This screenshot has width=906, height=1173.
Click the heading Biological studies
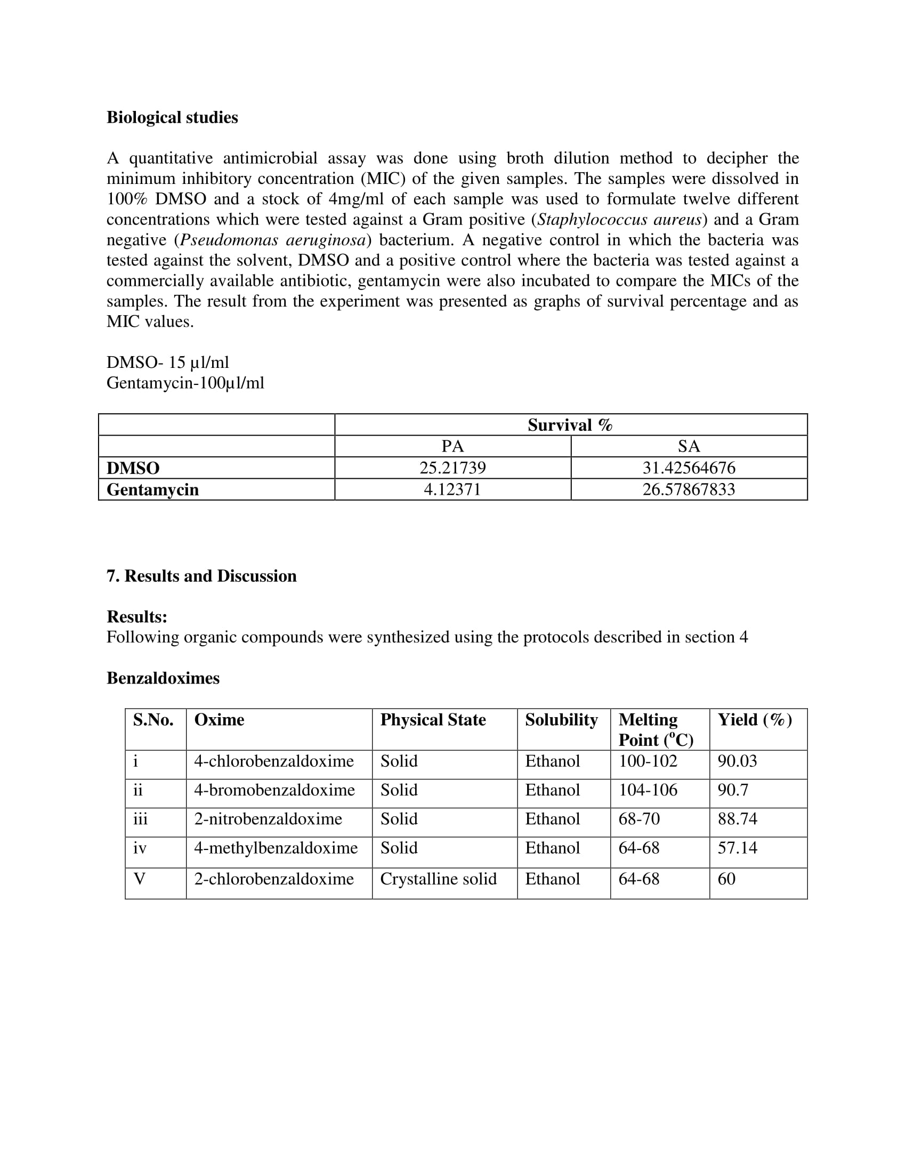[x=172, y=118]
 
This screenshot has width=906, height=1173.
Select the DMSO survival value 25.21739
[x=452, y=468]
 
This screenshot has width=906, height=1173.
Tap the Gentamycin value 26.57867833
[x=689, y=489]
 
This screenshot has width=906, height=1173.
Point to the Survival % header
[x=570, y=425]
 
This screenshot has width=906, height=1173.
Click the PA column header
[x=452, y=446]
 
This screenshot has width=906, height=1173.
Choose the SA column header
[x=689, y=446]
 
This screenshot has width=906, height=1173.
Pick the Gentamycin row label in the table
[x=152, y=490]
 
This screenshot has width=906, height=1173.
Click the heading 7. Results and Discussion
[x=201, y=576]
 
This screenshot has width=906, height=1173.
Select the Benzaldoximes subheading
[x=163, y=678]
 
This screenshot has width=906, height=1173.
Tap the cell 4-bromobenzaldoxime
[x=274, y=790]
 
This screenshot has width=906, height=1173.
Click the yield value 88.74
[x=737, y=818]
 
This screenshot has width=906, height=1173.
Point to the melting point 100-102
[x=648, y=760]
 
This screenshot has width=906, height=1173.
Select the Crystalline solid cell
[x=438, y=879]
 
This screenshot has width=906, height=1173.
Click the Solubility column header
[x=561, y=720]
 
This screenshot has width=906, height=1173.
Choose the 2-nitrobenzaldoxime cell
[x=268, y=818]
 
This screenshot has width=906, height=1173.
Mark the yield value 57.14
[x=737, y=848]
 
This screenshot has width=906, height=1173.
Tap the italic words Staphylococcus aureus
[x=620, y=219]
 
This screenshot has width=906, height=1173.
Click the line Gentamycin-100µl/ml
[x=185, y=383]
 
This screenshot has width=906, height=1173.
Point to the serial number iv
[x=140, y=848]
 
